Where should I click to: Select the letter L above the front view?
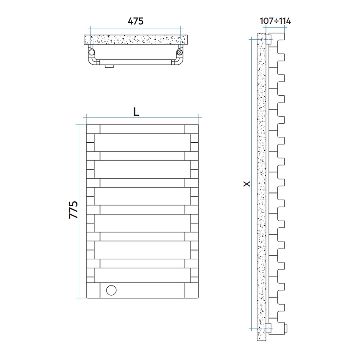(x=136, y=111)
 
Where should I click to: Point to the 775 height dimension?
(x=73, y=210)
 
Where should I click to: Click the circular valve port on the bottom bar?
(x=111, y=290)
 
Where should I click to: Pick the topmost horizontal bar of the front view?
(x=143, y=129)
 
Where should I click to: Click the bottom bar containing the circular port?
(x=143, y=290)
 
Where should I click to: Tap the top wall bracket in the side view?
(x=269, y=39)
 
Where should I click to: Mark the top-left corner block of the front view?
(x=93, y=129)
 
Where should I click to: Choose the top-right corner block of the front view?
(x=191, y=129)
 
